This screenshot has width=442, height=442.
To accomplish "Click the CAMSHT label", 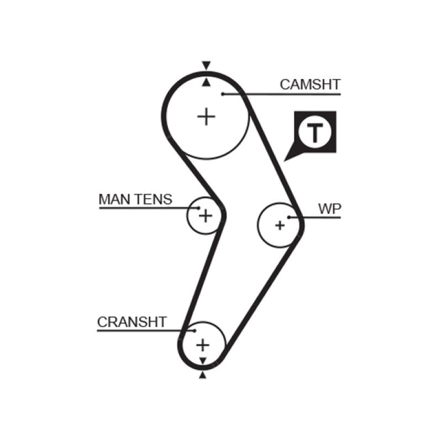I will (310, 85).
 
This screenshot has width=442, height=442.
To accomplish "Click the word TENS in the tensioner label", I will (154, 199).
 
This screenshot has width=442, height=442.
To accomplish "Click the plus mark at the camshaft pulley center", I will (206, 117).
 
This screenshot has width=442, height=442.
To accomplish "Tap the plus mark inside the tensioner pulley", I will (205, 215).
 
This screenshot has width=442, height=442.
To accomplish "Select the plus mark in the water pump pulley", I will (280, 225).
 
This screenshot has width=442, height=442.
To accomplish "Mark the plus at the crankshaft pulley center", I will (203, 345).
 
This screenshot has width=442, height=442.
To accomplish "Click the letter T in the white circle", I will (314, 133).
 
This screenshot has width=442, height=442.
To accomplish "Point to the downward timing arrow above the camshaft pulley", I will (206, 65).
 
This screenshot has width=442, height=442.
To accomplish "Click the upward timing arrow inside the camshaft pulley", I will (206, 82).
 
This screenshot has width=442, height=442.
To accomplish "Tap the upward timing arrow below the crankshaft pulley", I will (203, 375).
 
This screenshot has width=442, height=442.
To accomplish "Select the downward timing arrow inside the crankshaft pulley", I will (203, 361).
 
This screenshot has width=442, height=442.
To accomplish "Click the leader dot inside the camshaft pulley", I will (223, 94).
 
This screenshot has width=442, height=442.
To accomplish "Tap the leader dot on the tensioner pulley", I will (197, 208).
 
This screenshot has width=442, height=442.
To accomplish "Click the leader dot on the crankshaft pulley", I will (194, 330).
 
